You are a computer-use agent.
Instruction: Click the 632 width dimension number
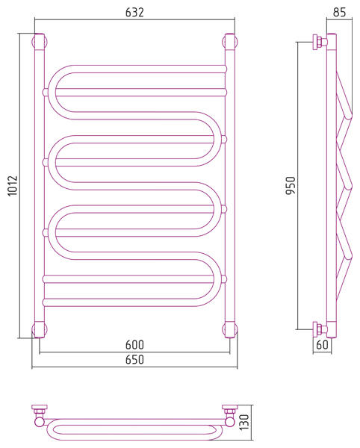tap(134, 12)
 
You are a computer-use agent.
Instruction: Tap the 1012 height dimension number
tap(13, 186)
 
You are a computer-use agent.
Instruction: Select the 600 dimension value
tap(134, 345)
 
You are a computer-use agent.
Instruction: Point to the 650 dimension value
tap(134, 359)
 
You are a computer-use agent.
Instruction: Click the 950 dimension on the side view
tap(291, 185)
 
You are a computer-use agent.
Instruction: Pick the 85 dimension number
tap(339, 12)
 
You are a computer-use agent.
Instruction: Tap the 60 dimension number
tap(323, 344)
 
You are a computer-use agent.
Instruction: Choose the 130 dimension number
tap(244, 423)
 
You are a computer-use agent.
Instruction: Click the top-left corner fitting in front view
tap(40, 41)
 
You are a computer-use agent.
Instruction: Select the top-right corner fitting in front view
tap(230, 41)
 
